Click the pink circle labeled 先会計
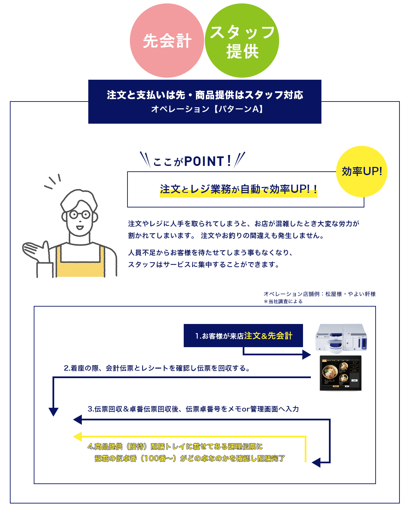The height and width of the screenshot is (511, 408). (x=167, y=40)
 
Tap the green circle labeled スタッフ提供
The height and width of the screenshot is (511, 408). (x=242, y=40)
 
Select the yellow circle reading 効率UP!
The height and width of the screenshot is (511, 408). (x=362, y=171)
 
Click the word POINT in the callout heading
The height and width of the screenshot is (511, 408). (x=204, y=161)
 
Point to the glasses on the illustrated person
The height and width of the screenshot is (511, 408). (x=80, y=215)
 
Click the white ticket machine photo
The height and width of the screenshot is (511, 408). (x=341, y=337)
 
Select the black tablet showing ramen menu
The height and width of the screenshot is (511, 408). (x=341, y=373)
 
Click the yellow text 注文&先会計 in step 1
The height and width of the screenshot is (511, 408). (x=268, y=336)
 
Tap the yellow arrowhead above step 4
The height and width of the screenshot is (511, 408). (x=77, y=436)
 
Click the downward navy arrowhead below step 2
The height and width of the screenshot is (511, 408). (x=54, y=412)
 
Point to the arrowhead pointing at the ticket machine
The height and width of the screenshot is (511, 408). (x=306, y=355)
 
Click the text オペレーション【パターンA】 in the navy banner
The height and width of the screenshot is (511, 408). (x=207, y=109)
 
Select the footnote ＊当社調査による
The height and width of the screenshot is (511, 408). (x=283, y=301)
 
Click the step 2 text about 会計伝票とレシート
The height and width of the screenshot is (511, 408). (x=157, y=368)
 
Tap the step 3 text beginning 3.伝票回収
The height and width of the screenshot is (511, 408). (x=193, y=409)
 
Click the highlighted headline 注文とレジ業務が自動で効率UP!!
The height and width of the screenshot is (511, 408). (x=238, y=189)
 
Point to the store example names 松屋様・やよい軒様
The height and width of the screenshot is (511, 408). (x=350, y=294)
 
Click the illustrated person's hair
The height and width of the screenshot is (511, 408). (x=78, y=199)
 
